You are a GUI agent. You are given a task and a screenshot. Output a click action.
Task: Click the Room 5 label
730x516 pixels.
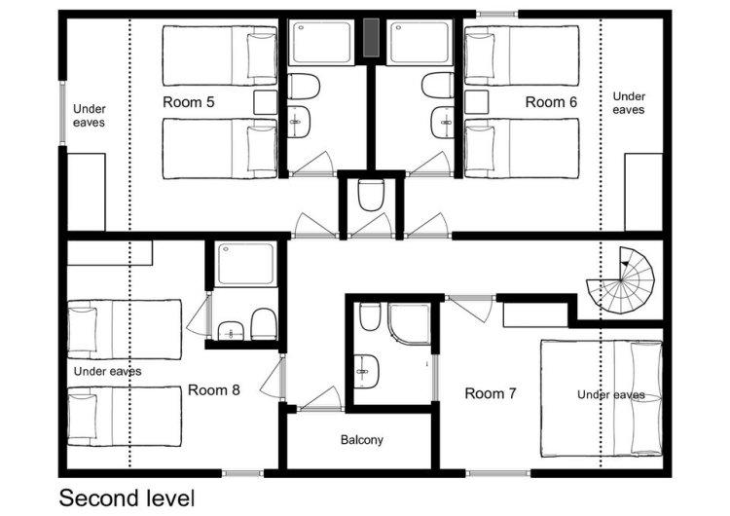pyautogui.click(x=189, y=102)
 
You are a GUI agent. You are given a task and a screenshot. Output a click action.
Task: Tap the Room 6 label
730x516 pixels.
pyautogui.click(x=551, y=102)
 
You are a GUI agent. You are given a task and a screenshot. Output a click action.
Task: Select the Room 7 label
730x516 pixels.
pyautogui.click(x=491, y=393)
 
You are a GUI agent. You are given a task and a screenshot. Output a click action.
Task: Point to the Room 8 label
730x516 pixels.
pyautogui.click(x=214, y=389)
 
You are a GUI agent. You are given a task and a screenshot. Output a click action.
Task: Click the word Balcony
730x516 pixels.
pyautogui.click(x=362, y=440)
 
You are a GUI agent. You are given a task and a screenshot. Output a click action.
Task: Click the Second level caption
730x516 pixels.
pyautogui.click(x=127, y=498)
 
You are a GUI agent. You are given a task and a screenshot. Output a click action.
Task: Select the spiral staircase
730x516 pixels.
pyautogui.click(x=622, y=280)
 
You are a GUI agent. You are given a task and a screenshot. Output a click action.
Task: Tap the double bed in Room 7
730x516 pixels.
pyautogui.click(x=602, y=398)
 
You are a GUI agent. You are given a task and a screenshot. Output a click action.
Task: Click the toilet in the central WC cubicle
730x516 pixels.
pyautogui.click(x=371, y=195)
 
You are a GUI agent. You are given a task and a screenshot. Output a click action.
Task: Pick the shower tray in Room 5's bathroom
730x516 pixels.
pyautogui.click(x=321, y=43)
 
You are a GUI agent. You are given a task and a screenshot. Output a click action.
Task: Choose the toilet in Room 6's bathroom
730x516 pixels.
pyautogui.click(x=438, y=86)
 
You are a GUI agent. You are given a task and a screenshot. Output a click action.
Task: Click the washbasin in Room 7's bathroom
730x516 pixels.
pyautogui.click(x=366, y=371)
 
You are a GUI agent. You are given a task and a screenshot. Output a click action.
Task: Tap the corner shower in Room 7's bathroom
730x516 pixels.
pyautogui.click(x=409, y=323)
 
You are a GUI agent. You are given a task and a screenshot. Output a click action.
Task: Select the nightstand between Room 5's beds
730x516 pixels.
pyautogui.click(x=266, y=102)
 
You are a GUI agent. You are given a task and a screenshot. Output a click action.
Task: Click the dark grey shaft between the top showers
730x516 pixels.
pyautogui.click(x=371, y=37)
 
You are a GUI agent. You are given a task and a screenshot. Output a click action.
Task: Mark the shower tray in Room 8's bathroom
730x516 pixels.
pyautogui.click(x=245, y=263)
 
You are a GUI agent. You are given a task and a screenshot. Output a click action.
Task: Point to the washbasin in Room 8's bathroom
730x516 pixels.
pyautogui.click(x=232, y=330)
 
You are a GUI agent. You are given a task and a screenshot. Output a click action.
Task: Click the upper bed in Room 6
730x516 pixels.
pyautogui.click(x=522, y=55)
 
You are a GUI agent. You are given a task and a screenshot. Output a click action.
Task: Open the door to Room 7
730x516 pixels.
pyautogui.click(x=471, y=308)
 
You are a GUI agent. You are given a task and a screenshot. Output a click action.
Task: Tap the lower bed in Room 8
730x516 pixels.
pyautogui.click(x=125, y=417)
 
